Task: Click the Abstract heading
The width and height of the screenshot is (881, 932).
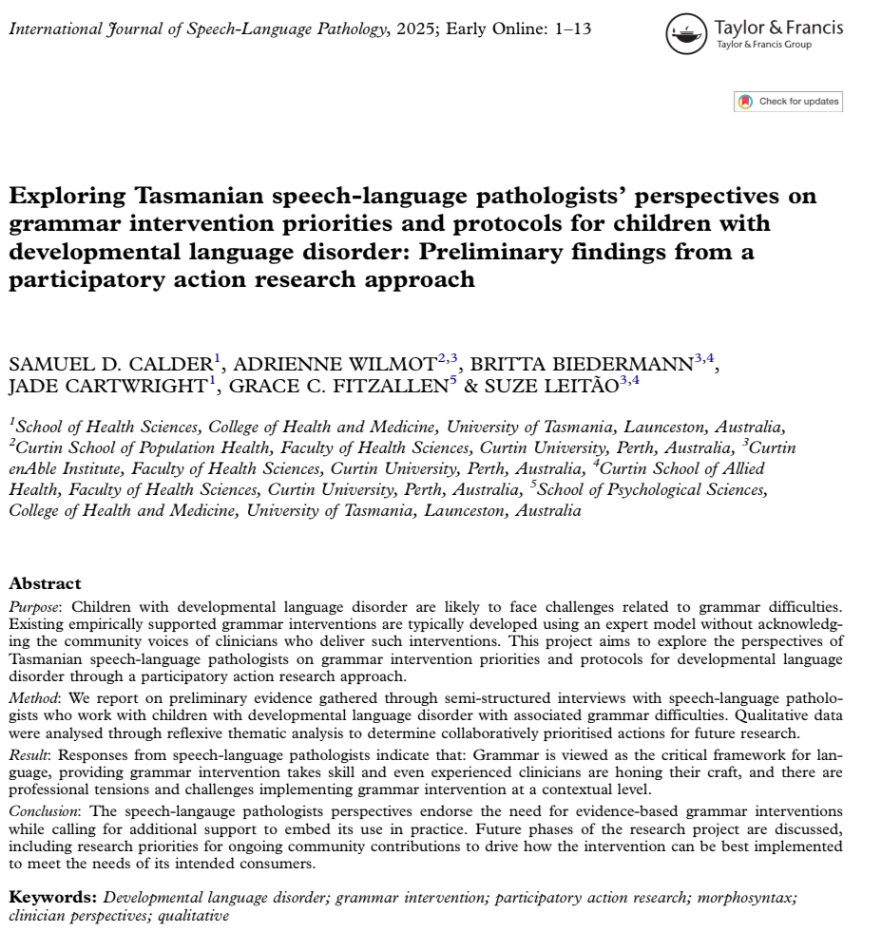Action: (45, 583)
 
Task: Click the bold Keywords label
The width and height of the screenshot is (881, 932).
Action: (52, 896)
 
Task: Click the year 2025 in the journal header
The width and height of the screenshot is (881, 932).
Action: (414, 29)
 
